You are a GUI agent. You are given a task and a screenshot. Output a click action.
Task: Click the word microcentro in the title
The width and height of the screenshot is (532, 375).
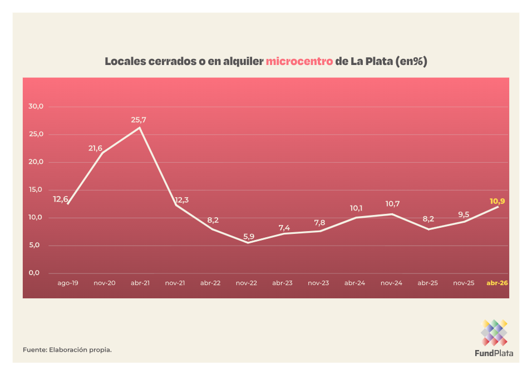pos(299,61)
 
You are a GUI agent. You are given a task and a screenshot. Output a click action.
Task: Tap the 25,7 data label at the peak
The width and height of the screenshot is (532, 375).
pos(139,119)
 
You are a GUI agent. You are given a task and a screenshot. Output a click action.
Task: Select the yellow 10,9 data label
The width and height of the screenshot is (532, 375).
pos(498,201)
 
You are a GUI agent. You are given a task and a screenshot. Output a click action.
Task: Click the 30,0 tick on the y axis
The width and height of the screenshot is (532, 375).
pos(36,106)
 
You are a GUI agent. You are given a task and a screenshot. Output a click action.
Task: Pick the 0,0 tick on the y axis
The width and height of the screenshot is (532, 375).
pos(36,273)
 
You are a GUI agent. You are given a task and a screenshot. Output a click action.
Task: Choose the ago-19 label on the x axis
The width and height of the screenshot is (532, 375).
pos(68,283)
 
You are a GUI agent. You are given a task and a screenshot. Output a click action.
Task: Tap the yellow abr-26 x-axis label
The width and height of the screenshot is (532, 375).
pos(497,283)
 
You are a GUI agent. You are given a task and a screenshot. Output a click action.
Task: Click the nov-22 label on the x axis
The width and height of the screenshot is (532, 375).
pos(247,283)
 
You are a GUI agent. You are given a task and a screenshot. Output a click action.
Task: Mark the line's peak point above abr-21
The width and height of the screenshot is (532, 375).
pos(139,128)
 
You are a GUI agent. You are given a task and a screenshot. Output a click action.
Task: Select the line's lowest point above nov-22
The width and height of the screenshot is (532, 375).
pos(247,243)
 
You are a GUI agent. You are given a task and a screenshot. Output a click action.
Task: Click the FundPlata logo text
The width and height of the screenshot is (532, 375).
pos(494,353)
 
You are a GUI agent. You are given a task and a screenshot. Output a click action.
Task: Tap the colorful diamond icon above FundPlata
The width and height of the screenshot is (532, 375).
pos(494,332)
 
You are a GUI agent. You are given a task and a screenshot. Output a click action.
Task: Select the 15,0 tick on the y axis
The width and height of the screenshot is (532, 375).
pos(36,189)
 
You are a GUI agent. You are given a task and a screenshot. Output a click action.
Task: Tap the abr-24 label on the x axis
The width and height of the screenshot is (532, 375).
pos(354,283)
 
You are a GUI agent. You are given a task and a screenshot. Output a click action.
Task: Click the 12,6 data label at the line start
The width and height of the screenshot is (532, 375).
pos(61,199)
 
